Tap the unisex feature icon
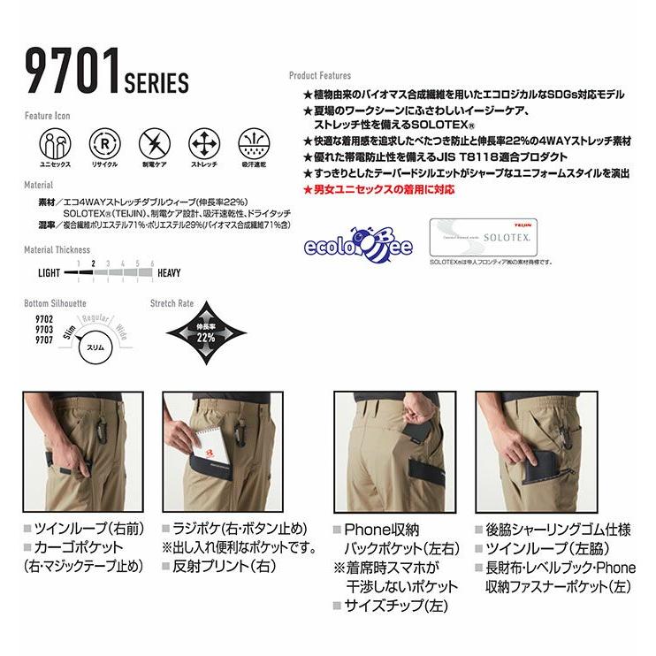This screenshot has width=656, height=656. click(49, 142)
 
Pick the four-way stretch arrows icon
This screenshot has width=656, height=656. click(204, 142)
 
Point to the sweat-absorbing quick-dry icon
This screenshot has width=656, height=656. click(256, 142)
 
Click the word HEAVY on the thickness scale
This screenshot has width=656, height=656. click(169, 273)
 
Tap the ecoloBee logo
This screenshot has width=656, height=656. click(358, 243)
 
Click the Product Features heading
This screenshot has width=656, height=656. click(320, 76)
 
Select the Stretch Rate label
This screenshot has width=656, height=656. click(172, 303)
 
